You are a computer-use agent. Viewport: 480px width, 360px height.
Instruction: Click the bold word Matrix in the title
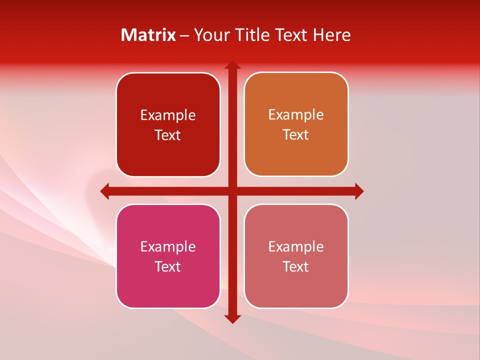(148, 35)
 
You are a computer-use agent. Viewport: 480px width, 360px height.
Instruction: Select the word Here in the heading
(332, 35)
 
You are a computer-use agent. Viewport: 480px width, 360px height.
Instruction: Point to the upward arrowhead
(232, 65)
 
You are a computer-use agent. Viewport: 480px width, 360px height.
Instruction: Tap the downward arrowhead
(232, 318)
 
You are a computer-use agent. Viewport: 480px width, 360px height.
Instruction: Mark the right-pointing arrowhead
(359, 191)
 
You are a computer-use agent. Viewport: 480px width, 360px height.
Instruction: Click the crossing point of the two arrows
(232, 191)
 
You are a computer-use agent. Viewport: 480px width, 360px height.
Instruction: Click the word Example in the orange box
(296, 114)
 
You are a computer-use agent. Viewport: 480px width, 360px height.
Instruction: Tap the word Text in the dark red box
(167, 135)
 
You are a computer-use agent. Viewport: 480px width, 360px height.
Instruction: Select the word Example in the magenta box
(168, 246)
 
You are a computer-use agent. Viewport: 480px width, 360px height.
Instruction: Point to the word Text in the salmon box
(296, 266)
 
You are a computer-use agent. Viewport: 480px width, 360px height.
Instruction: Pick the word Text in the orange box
(296, 134)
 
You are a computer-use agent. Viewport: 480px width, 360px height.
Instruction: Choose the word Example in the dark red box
(168, 115)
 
